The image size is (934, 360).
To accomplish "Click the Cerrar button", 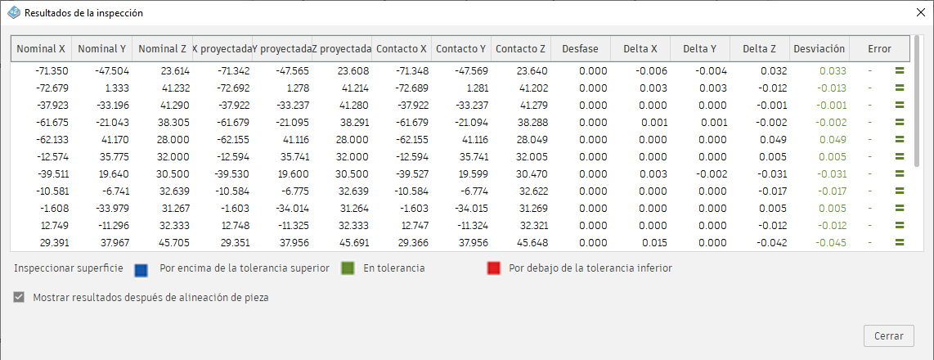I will (x=888, y=335).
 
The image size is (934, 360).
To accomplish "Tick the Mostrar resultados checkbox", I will (x=20, y=298).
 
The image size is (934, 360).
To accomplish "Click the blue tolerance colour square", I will (x=141, y=268).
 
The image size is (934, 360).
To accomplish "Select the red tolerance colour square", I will (x=493, y=268).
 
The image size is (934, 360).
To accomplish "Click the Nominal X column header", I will (x=42, y=49).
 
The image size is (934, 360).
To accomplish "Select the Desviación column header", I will (x=819, y=49).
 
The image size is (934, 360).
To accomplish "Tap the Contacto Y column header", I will (x=460, y=49).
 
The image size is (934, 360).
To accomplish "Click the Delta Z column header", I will (x=760, y=49).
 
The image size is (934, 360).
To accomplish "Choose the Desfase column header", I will (x=580, y=49).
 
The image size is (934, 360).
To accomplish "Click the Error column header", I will (x=879, y=49).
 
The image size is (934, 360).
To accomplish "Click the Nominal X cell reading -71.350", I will (x=51, y=71).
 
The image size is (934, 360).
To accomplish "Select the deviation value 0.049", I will (x=833, y=140).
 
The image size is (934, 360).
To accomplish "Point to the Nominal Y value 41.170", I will (x=111, y=140).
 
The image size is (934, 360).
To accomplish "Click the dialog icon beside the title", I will (x=13, y=13).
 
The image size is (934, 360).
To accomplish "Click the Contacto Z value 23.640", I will (x=532, y=71).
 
